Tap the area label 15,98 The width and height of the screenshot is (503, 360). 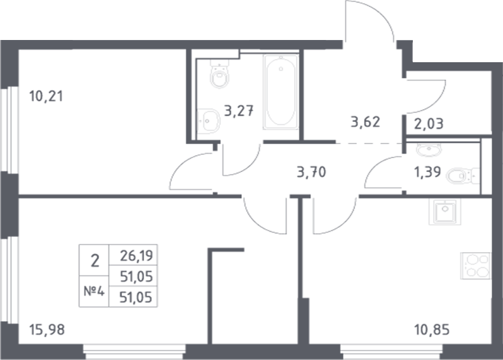(x=47, y=330)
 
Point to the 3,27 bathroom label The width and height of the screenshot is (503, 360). (x=239, y=112)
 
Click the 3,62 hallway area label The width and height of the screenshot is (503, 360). (x=365, y=121)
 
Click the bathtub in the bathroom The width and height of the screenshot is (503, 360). (x=281, y=93)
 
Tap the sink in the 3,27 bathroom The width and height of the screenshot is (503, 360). (x=207, y=120)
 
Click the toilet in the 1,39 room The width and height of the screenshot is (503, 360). (x=461, y=175)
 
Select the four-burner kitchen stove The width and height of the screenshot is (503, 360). (x=476, y=266)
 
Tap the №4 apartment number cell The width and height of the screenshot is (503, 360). (x=94, y=293)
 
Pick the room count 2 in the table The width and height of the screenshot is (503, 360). (x=95, y=260)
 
